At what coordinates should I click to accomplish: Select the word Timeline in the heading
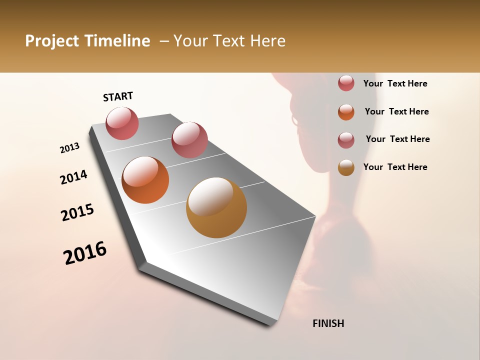click(x=117, y=41)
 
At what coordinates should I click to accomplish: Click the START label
click(x=118, y=97)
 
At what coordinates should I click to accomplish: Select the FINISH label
click(x=328, y=323)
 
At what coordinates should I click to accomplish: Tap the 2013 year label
click(x=70, y=148)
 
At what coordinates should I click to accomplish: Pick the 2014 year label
click(x=73, y=177)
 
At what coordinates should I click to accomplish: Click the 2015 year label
click(x=77, y=212)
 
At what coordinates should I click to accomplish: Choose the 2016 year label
click(x=85, y=253)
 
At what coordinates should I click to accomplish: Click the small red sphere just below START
click(x=122, y=123)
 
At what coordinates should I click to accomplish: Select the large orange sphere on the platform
click(x=145, y=180)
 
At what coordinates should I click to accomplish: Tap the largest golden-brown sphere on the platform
click(x=216, y=207)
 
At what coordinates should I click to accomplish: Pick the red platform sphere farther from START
click(x=189, y=140)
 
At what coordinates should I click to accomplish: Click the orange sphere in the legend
click(x=346, y=112)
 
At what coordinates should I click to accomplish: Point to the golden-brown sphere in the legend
click(x=346, y=167)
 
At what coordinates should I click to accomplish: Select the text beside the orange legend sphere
click(x=396, y=111)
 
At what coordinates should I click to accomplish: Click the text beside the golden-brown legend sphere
click(x=395, y=167)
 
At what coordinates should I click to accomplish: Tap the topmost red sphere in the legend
click(x=346, y=83)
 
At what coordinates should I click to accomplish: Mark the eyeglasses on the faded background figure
click(x=294, y=120)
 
